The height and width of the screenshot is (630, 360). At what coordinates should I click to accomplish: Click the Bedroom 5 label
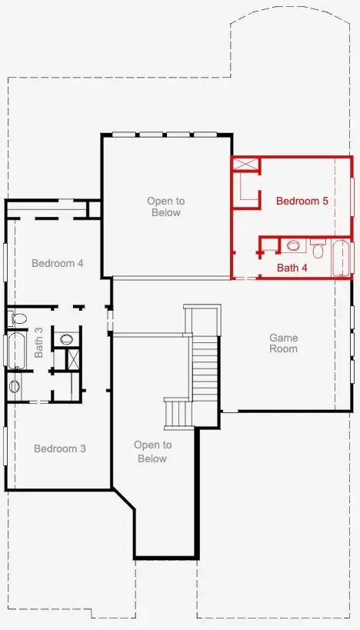[302, 201]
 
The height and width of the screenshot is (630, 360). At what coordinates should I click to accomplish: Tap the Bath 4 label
[292, 268]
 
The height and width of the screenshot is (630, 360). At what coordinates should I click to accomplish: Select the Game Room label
[283, 343]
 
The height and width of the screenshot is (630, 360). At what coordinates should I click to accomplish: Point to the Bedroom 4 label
[58, 264]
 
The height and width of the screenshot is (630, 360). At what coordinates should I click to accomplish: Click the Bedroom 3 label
[60, 448]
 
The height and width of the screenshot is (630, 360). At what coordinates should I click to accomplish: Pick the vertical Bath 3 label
[38, 342]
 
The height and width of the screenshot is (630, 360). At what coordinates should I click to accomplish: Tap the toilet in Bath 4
[318, 248]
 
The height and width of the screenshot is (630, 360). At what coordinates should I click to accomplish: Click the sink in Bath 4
[293, 245]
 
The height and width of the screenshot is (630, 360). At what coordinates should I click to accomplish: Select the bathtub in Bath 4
[342, 258]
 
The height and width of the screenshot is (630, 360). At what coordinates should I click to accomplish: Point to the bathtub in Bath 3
[17, 350]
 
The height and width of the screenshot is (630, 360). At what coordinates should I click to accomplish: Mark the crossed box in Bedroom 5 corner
[246, 165]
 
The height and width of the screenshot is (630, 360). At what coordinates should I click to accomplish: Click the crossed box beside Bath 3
[74, 358]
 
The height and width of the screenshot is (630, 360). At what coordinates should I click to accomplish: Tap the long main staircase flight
[205, 368]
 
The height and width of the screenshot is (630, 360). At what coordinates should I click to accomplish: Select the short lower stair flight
[178, 414]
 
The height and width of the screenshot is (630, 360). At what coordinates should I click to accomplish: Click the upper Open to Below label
[166, 206]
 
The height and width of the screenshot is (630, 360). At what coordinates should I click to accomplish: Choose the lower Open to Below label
[152, 452]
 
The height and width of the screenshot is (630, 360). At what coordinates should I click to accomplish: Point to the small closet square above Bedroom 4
[94, 209]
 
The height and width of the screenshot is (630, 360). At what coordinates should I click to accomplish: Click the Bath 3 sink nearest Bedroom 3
[14, 386]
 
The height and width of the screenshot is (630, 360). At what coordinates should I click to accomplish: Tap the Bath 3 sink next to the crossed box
[66, 339]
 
